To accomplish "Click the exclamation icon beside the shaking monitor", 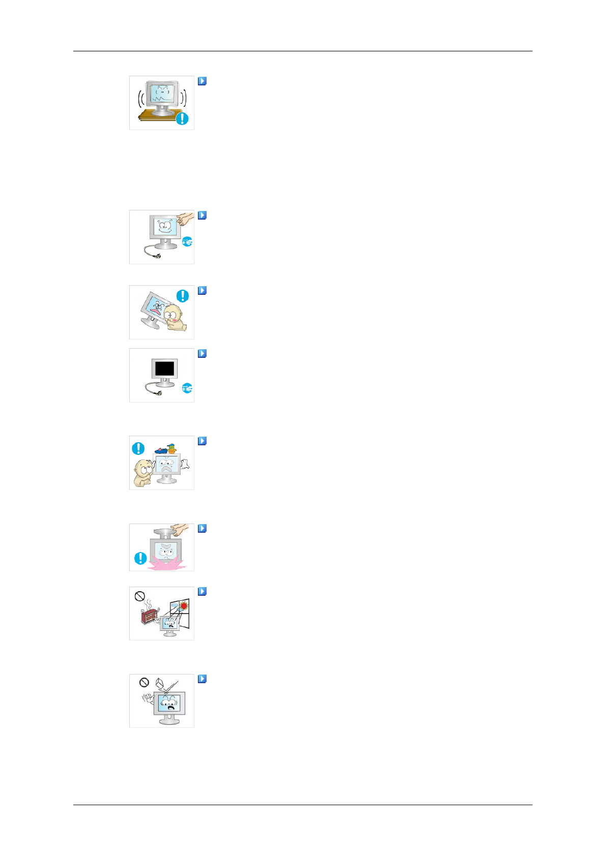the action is (x=182, y=118).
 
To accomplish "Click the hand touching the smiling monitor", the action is (x=186, y=219).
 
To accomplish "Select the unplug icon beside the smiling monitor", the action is (x=187, y=242).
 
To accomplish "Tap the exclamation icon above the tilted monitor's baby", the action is (x=182, y=296).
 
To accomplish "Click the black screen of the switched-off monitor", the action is (x=164, y=368).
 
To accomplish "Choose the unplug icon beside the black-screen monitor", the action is (x=187, y=388).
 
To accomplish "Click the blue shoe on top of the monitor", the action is (x=161, y=450).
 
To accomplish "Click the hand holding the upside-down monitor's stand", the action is (x=180, y=530).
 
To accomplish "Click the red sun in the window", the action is (x=184, y=605).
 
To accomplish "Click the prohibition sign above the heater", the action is (x=140, y=596).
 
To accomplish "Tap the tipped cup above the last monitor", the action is (x=159, y=683).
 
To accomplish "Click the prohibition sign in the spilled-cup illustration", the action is (x=144, y=682).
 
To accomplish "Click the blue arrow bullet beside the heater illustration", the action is (x=202, y=592).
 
